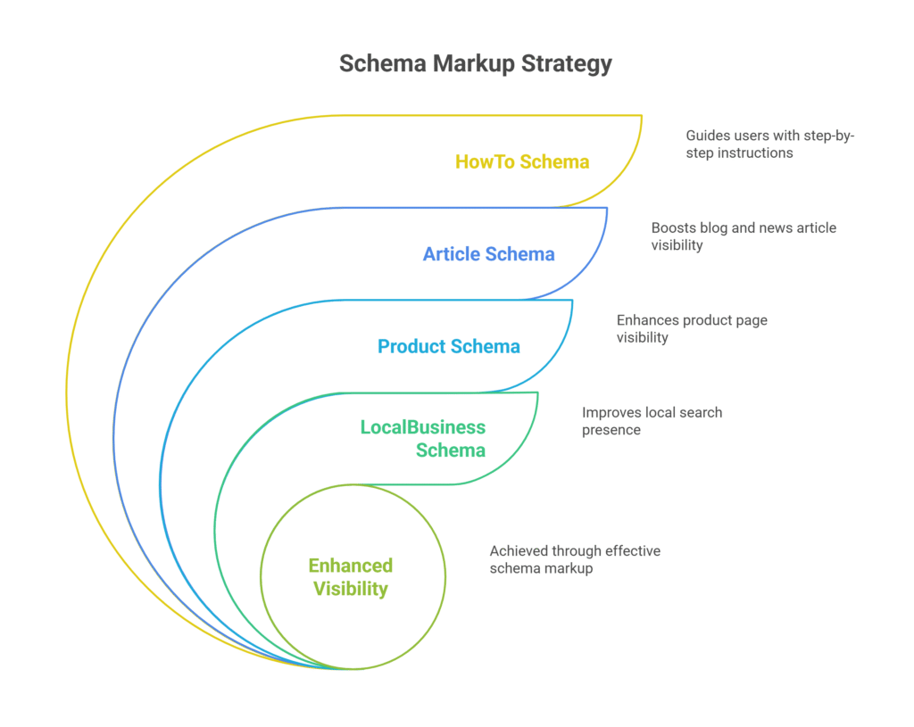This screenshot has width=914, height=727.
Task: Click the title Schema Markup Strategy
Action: pos(476,64)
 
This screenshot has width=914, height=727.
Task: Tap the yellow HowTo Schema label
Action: pos(522,161)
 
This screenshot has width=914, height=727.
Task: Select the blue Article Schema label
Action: pos(488,254)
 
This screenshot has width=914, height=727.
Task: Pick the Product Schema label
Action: pos(448,346)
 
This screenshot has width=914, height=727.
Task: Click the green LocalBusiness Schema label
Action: pos(423,438)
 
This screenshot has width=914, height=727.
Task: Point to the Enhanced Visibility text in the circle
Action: pos(350,577)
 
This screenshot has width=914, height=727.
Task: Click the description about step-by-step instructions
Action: pos(770,144)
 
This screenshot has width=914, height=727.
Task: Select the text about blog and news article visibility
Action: pos(744,236)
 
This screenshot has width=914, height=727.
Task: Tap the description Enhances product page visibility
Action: pos(692,328)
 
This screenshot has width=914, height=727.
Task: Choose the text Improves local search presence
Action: pos(652,421)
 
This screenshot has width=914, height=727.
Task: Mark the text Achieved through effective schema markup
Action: pos(575,559)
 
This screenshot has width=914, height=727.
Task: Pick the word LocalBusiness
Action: pos(423,427)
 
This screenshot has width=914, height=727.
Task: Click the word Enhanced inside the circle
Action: pos(350,566)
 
